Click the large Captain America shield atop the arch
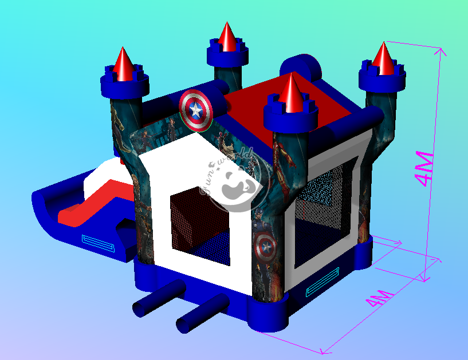pos(196,110)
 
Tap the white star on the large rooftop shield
pos(195,110)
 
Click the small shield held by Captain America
pos(265,248)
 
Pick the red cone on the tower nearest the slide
pos(123,65)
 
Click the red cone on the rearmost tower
pos(227,37)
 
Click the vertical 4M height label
pos(424,168)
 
